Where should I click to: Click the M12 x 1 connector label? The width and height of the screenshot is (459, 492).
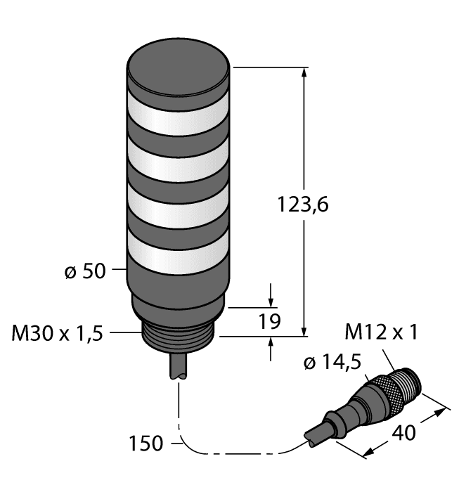[382, 332]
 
